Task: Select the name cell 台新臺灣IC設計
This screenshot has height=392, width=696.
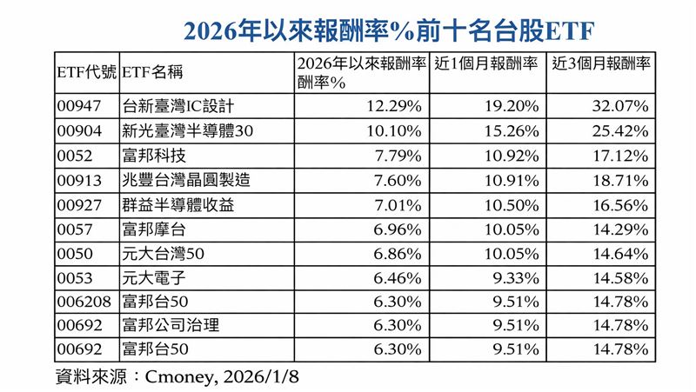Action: [178, 107]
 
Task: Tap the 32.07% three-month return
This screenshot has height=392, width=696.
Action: [619, 107]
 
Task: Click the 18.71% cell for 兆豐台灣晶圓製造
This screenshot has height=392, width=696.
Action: [619, 180]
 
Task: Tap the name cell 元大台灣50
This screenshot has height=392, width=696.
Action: [164, 253]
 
